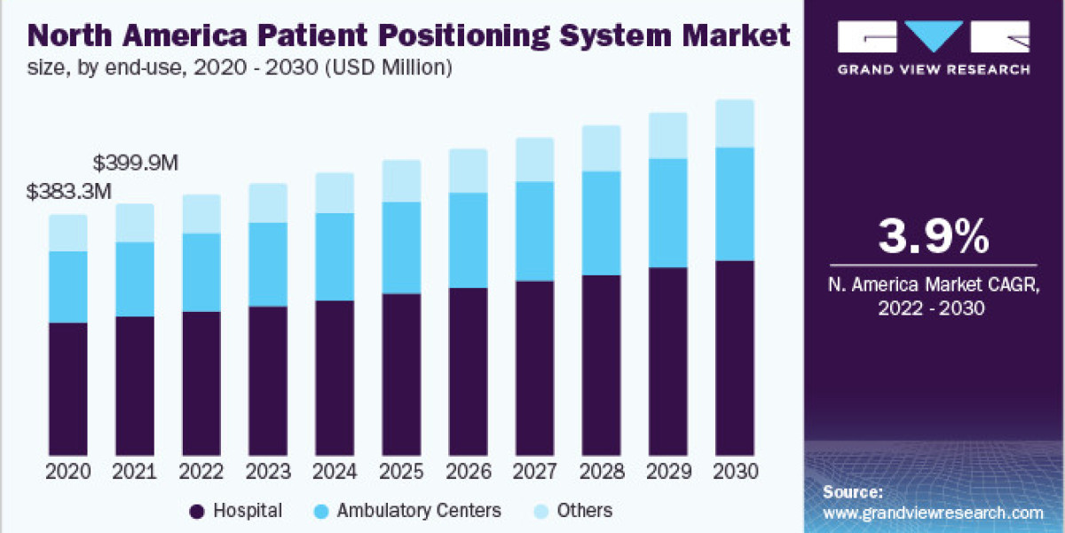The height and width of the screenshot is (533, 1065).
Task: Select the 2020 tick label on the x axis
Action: (x=68, y=472)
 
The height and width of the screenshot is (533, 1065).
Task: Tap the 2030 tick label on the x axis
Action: (x=734, y=472)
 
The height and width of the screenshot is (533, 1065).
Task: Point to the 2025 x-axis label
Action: (x=401, y=472)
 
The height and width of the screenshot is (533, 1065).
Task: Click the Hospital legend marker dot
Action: (x=197, y=511)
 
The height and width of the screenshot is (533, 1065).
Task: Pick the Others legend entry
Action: (x=584, y=511)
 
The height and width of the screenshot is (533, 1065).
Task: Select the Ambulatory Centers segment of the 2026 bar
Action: (x=468, y=240)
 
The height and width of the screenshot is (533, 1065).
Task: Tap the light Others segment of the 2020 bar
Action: (x=68, y=233)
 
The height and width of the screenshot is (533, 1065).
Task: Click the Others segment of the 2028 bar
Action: (x=601, y=148)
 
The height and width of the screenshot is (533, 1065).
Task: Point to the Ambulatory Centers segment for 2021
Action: (x=135, y=279)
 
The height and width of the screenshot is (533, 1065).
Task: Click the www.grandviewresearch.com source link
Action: (x=933, y=513)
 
